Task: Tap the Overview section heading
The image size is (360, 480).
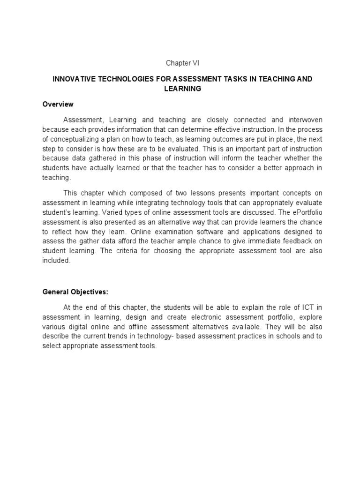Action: coord(58,104)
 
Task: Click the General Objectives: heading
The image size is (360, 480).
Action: coord(75,292)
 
